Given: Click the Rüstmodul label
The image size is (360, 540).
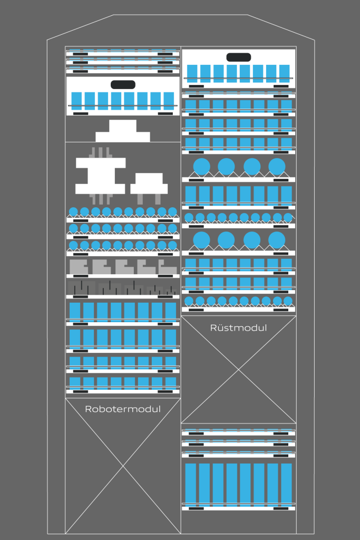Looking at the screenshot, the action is (x=239, y=327).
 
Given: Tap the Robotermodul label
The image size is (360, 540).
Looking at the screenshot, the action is (x=123, y=409).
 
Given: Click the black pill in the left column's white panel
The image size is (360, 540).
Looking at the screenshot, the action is (x=123, y=84).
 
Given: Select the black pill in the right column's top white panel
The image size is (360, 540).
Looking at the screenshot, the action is (x=239, y=57).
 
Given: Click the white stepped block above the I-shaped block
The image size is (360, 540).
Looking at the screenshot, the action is (x=122, y=131).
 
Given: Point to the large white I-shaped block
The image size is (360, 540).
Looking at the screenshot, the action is (x=100, y=176).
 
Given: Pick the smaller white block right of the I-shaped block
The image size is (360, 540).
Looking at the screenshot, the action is (x=149, y=183).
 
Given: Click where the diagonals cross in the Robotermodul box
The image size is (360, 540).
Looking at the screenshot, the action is (x=123, y=466).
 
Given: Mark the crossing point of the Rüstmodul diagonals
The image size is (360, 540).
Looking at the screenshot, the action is (x=239, y=369).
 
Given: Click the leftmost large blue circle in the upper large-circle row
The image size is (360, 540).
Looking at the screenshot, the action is (x=202, y=166).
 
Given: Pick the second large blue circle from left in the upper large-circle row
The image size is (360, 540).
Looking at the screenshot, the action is (x=226, y=166).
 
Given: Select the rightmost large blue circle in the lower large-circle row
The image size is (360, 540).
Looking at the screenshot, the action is (x=277, y=240).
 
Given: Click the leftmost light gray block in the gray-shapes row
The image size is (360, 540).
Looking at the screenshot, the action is (x=79, y=266).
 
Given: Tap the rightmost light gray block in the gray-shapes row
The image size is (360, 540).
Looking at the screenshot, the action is (x=168, y=267).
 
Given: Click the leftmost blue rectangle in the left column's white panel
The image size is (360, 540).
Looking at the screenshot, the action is (x=76, y=101).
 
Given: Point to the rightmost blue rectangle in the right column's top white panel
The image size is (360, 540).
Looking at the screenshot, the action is (x=284, y=74).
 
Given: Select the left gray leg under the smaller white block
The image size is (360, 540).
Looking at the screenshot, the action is (x=140, y=199).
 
